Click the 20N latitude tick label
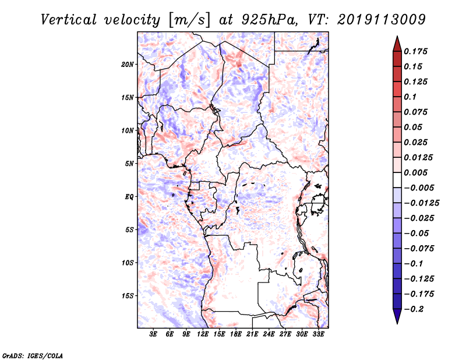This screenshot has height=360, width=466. coord(128,64)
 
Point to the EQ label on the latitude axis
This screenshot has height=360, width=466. coord(129,197)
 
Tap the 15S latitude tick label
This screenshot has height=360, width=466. coord(128,296)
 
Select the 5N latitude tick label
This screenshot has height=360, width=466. coord(129,164)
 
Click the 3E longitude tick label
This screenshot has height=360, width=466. coord(154,335)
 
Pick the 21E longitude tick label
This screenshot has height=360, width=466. coord(252,335)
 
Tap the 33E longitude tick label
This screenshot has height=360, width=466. coord(318,335)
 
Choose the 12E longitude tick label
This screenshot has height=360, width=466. coord(203,335)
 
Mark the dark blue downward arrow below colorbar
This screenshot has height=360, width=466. coord(397,317)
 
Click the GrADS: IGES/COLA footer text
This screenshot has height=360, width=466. coord(25,354)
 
